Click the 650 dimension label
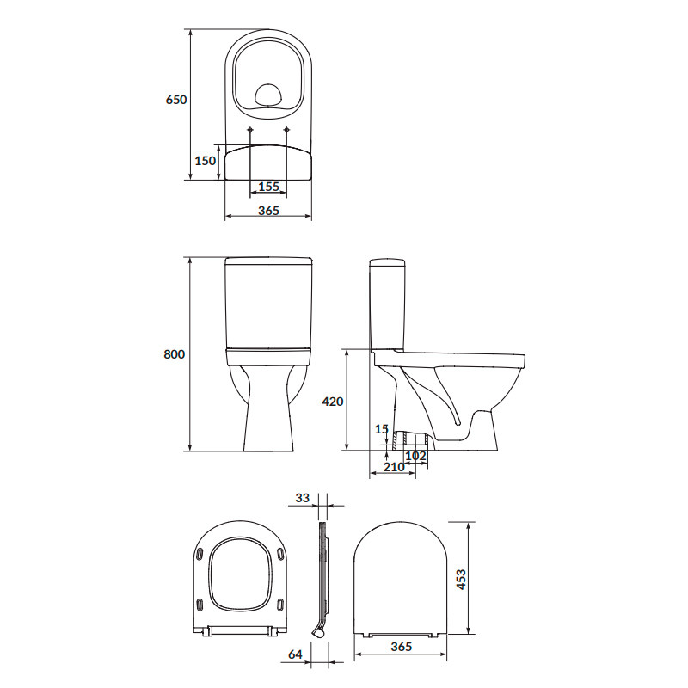click(x=176, y=100)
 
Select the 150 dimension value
click(x=205, y=161)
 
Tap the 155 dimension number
click(x=268, y=187)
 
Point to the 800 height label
click(x=175, y=354)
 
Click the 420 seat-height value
click(x=333, y=402)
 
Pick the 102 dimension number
click(x=415, y=456)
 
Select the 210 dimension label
click(x=394, y=467)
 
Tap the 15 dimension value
click(x=382, y=429)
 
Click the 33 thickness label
click(x=303, y=498)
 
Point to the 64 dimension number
click(x=295, y=654)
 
